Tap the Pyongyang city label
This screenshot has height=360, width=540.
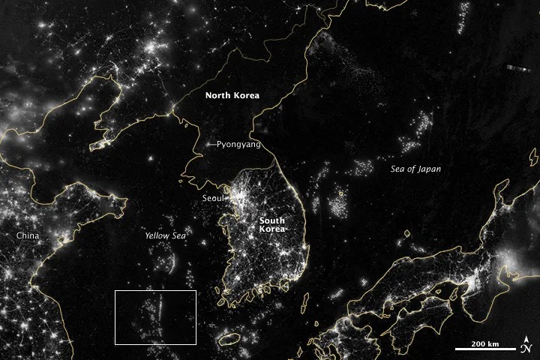click(238, 144)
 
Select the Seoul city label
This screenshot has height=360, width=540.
click(212, 198)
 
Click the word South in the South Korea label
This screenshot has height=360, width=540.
click(271, 220)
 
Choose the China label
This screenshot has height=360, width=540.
click(28, 235)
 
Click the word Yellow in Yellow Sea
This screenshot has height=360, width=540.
click(157, 235)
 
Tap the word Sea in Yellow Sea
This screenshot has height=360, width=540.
click(178, 235)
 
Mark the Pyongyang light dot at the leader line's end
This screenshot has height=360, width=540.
click(207, 144)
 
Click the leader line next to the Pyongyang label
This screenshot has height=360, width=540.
click(212, 144)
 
